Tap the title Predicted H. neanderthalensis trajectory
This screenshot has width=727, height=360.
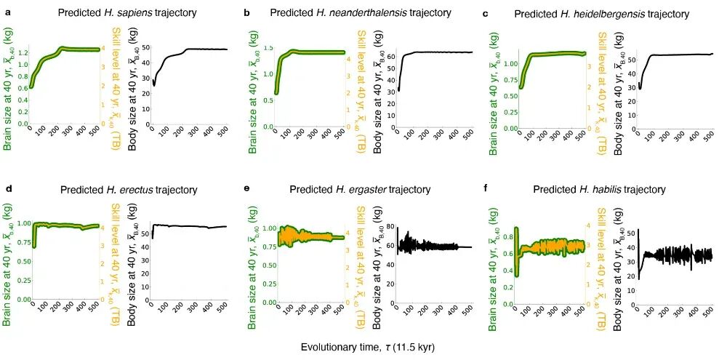point(361,13)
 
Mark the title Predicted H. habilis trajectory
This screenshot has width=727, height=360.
point(599,190)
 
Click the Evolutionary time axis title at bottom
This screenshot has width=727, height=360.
point(368,347)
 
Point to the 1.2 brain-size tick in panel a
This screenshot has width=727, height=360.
point(22,52)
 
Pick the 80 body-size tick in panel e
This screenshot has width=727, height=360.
point(388,228)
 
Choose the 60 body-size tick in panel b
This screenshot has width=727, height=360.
point(388,56)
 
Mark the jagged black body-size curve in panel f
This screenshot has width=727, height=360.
point(683,254)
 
